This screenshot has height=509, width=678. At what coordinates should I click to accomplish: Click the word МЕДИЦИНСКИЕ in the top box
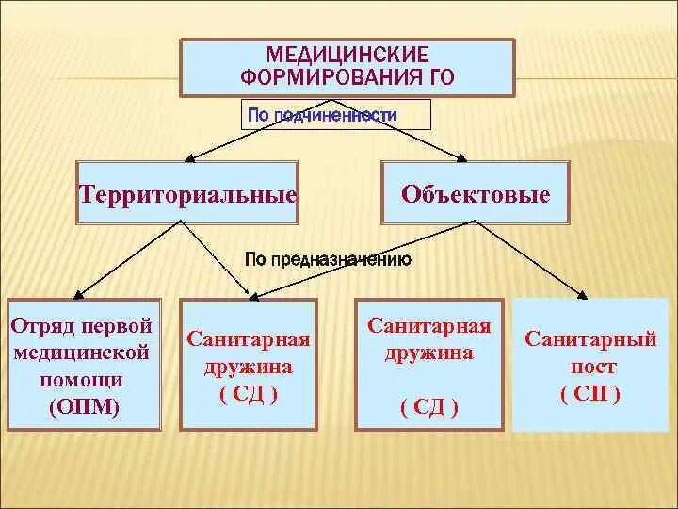[x=347, y=56]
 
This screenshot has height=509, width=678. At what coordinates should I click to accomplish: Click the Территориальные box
[x=188, y=193]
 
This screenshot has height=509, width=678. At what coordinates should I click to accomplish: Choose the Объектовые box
[x=476, y=193]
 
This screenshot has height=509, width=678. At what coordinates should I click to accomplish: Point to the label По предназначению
[x=328, y=260]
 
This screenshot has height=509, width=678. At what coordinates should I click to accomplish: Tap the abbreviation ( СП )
[x=590, y=395]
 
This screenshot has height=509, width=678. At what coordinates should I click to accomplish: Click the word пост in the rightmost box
[x=591, y=367]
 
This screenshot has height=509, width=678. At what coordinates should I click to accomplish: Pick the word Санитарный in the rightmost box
[x=590, y=338]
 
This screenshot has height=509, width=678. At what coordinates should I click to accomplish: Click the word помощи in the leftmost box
[x=80, y=380]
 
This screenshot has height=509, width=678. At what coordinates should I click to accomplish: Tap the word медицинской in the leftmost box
[x=80, y=353]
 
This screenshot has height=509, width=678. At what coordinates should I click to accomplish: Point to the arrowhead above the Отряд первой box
[x=80, y=293]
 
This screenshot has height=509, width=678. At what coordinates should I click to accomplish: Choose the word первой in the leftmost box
[x=117, y=326]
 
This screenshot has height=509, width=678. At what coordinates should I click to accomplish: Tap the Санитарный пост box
[x=592, y=365]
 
